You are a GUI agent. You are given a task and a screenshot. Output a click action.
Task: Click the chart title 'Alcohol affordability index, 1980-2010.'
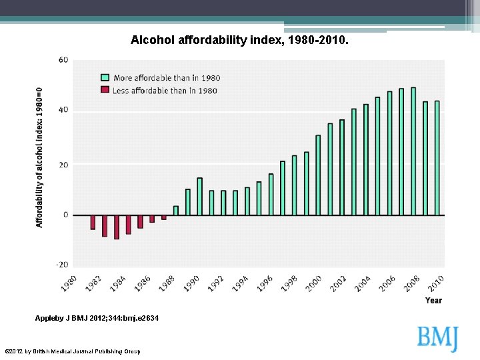coord(239,41)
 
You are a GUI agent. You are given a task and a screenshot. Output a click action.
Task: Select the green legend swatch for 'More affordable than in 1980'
coord(105,77)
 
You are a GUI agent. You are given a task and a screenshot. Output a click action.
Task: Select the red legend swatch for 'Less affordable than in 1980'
coord(105,90)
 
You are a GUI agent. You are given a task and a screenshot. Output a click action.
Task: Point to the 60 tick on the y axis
coord(63,60)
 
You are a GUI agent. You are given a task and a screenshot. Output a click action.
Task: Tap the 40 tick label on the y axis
coord(63,110)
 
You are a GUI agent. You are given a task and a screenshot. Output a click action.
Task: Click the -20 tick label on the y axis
coord(61,265)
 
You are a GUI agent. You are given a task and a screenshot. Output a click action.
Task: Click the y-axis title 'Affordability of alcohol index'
coord(40,157)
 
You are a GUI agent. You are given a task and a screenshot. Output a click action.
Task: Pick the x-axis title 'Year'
coord(433,301)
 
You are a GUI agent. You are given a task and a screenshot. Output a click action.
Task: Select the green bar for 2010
coord(437,158)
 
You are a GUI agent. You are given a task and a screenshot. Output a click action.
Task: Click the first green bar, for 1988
coord(176,211)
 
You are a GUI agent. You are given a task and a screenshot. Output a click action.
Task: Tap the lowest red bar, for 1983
coord(117,227)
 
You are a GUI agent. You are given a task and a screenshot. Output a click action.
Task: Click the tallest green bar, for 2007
coord(413,151)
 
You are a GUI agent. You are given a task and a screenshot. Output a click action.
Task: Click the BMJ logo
coord(438,339)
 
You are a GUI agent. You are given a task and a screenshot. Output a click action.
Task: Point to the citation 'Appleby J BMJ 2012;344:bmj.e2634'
coord(97,319)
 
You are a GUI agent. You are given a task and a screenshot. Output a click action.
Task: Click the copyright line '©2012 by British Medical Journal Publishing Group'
coord(73,351)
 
